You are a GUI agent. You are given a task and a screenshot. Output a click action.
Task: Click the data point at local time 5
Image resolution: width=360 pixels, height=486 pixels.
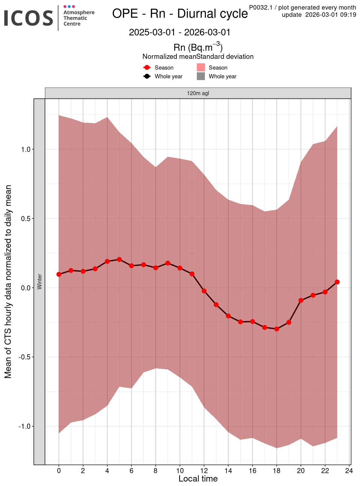pyautogui.click(x=119, y=259)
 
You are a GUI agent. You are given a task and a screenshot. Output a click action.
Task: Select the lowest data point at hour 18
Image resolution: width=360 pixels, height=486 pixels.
pyautogui.click(x=277, y=329)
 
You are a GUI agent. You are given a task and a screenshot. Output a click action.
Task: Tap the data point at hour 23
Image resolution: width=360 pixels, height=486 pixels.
pyautogui.click(x=337, y=282)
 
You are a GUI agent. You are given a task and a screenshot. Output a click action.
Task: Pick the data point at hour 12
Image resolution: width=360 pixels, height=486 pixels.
pyautogui.click(x=204, y=291)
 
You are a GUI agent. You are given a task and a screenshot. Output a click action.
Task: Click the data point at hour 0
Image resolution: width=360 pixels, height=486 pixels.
pyautogui.click(x=59, y=274)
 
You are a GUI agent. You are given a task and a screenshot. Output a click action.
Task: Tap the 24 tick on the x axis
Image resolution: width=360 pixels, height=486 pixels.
pyautogui.click(x=349, y=471)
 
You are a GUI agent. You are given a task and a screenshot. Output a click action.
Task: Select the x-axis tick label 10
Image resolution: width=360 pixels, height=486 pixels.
pyautogui.click(x=180, y=471)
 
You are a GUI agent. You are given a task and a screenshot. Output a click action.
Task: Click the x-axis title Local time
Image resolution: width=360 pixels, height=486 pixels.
pyautogui.click(x=198, y=479)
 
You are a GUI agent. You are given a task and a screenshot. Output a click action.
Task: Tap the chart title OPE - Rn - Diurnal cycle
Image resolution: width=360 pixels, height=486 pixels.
pyautogui.click(x=180, y=14)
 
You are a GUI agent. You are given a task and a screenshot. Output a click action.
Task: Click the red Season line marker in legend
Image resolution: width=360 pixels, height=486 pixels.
pyautogui.click(x=147, y=67)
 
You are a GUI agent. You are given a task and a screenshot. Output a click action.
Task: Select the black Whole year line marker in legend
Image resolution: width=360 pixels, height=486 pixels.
pyautogui.click(x=147, y=76)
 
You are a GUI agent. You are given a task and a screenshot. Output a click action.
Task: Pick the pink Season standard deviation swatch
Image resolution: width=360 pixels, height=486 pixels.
pyautogui.click(x=201, y=67)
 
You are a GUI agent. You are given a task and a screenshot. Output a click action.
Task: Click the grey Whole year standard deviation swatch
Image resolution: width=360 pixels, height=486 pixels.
pyautogui.click(x=201, y=76)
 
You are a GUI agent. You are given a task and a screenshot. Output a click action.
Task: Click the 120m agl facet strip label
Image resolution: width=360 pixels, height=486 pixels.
pyautogui.click(x=198, y=93)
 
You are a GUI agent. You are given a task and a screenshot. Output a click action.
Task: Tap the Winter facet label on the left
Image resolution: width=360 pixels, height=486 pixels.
pyautogui.click(x=39, y=281)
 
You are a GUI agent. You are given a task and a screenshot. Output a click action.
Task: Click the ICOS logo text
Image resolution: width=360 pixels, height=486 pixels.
pyautogui.click(x=28, y=18)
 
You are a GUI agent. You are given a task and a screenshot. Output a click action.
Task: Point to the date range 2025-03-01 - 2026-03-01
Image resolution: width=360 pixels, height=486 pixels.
pyautogui.click(x=180, y=32)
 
